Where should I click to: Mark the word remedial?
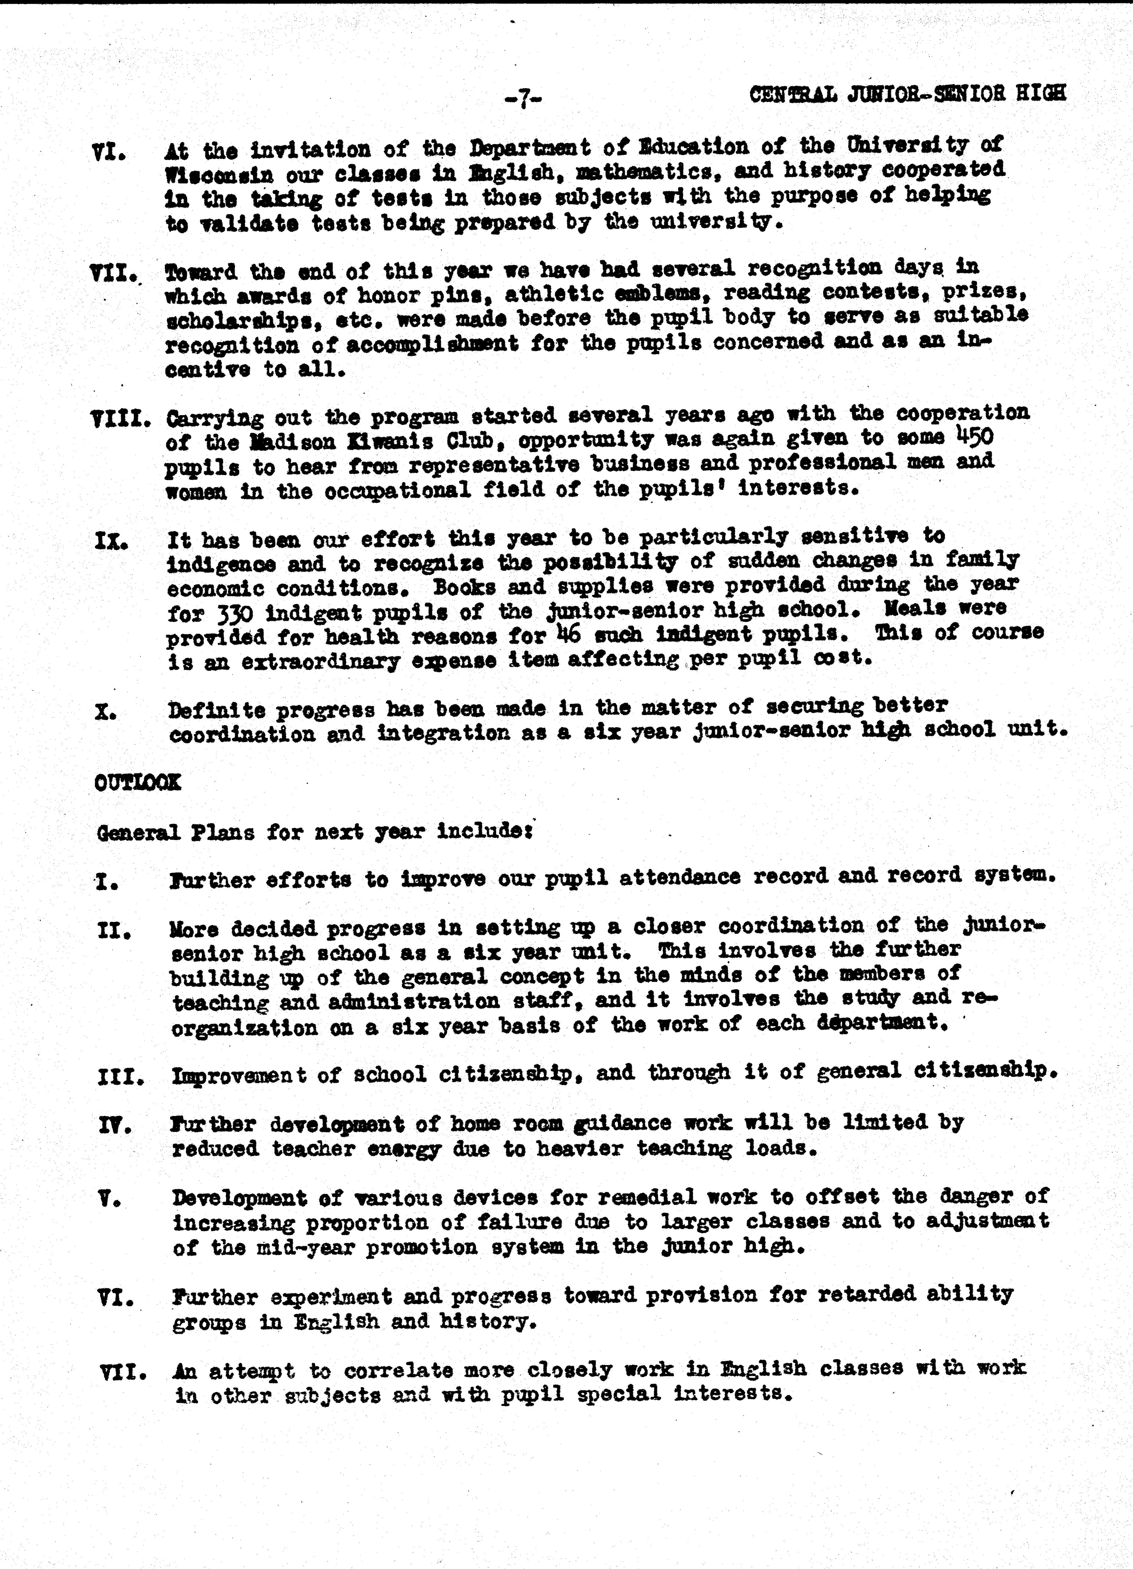[657, 1198]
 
